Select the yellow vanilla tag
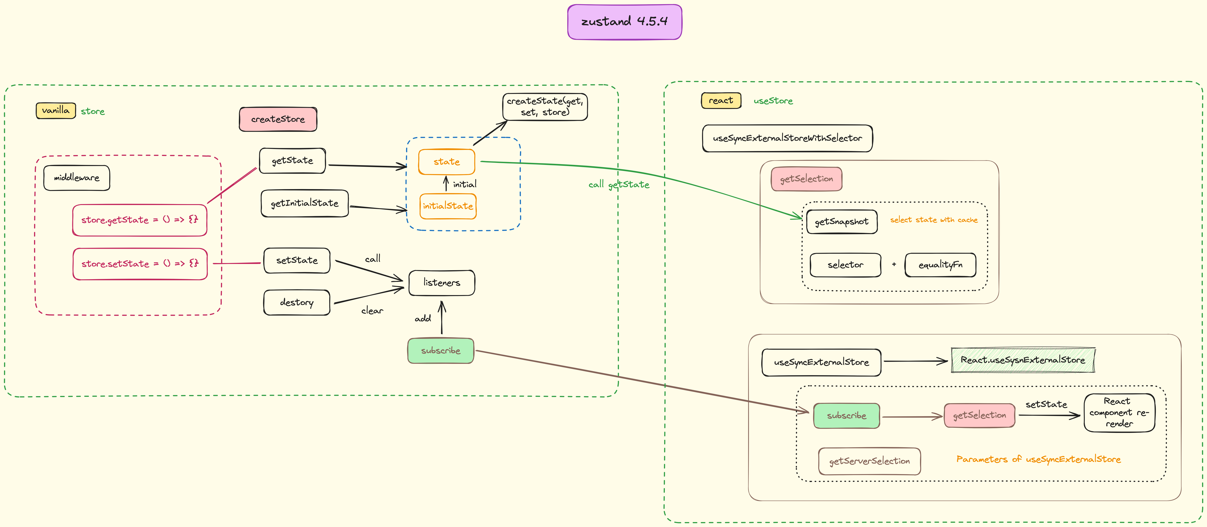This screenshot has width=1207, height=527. [x=56, y=111]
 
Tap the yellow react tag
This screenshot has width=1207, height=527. [x=721, y=100]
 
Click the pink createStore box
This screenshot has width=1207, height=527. [x=278, y=119]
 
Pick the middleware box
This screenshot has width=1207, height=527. [x=76, y=178]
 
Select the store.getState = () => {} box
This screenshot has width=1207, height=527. [x=140, y=220]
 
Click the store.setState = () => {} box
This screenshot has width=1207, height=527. [x=140, y=264]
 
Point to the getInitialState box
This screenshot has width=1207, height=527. [x=305, y=203]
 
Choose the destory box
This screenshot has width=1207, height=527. [x=297, y=302]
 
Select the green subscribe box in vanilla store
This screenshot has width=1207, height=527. [x=441, y=351]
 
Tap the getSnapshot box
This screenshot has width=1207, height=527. [x=841, y=222]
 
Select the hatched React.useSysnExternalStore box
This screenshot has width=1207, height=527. [x=1023, y=360]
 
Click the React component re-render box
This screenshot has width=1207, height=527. [x=1119, y=413]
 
